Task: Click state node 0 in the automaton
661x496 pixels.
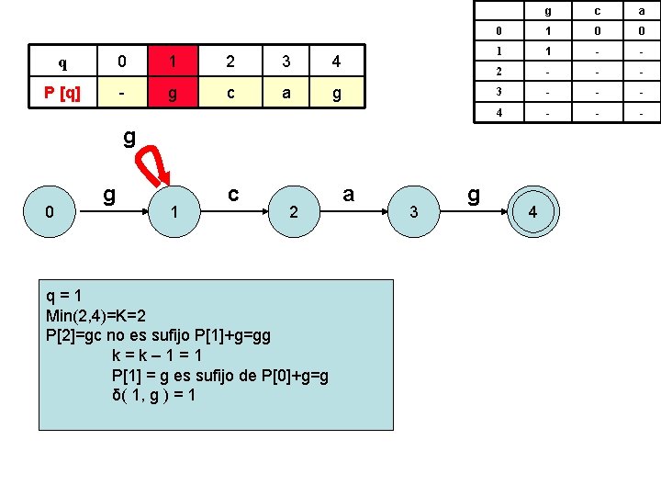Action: tap(51, 213)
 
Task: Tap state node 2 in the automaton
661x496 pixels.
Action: tap(293, 213)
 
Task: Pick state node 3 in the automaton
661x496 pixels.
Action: tap(414, 213)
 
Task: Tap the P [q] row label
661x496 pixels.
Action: tap(62, 93)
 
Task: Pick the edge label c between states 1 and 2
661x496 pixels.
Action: tap(234, 194)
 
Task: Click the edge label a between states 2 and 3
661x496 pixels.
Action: tap(348, 194)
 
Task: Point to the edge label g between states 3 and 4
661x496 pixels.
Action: tap(474, 194)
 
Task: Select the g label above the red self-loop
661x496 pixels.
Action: tap(129, 138)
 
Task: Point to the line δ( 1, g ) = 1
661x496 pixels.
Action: tap(152, 396)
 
